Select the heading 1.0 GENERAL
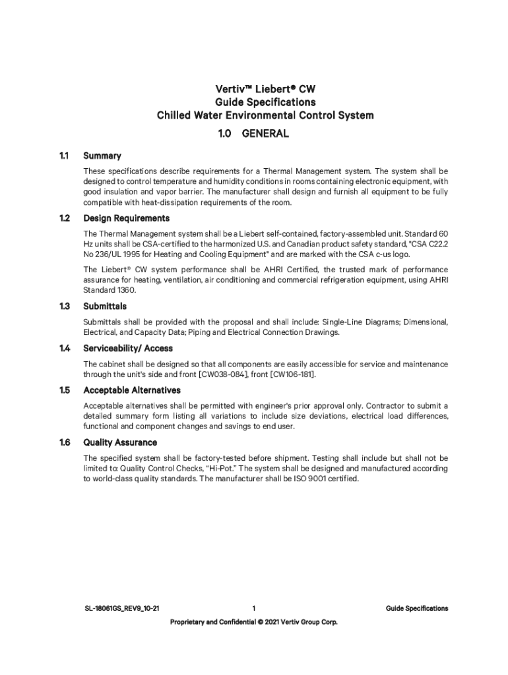coord(253,134)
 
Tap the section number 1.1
coord(63,156)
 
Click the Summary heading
coord(102,156)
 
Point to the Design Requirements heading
coord(126,218)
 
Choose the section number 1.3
coord(63,307)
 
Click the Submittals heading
coord(105,307)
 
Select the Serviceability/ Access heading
coord(128,348)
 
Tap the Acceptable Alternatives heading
coord(132,390)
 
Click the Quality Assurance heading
coord(120,442)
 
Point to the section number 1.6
coord(63,442)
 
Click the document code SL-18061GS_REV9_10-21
coord(117,608)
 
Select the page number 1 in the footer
coord(253,608)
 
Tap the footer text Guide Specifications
coord(417,608)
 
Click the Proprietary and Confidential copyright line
coord(253,622)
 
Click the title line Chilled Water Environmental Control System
coord(265,115)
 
